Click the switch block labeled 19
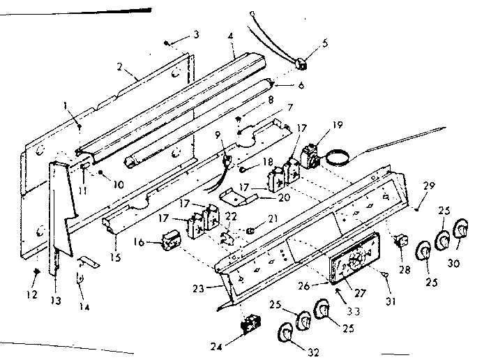(310, 156)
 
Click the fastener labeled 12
(35, 270)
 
